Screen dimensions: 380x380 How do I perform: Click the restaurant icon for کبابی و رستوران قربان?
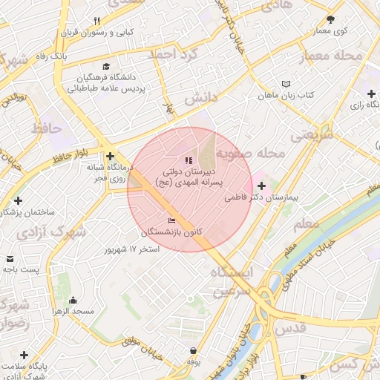(x=97, y=21)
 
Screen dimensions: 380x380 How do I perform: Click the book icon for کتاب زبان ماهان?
(x=286, y=84)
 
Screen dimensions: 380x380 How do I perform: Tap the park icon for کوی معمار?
(x=330, y=19)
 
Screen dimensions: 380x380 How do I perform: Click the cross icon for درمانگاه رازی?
(x=370, y=94)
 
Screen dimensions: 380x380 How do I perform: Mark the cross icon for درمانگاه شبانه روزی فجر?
(x=110, y=157)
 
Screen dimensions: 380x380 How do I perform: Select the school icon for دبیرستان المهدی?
(x=188, y=160)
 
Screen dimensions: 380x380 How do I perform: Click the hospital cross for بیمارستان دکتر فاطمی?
(x=261, y=186)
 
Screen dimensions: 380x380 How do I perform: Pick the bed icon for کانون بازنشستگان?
(x=173, y=220)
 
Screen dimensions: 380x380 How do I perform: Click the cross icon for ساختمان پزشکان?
(x=19, y=200)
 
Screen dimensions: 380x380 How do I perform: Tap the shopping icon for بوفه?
(x=194, y=350)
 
